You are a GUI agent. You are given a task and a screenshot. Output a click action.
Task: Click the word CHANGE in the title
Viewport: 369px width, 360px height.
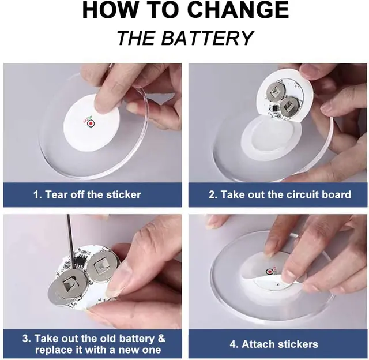(x=238, y=10)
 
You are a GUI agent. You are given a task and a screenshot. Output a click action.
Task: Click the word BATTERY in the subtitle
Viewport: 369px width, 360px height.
(x=207, y=38)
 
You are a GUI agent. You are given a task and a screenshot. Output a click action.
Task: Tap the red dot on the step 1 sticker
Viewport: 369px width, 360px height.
(x=91, y=123)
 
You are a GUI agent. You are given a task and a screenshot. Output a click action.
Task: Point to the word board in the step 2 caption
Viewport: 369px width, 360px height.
(x=337, y=195)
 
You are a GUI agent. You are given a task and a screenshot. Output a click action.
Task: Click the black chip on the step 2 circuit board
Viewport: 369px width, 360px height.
(x=274, y=108)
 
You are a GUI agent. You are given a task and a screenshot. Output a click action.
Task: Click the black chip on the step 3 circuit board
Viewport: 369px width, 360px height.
(x=81, y=260)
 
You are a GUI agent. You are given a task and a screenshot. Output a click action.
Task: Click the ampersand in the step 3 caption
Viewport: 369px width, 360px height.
(x=161, y=338)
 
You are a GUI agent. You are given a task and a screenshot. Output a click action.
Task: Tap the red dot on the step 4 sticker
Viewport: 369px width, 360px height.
(x=269, y=272)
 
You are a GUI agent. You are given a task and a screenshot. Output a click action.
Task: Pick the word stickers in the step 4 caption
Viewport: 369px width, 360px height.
(x=298, y=344)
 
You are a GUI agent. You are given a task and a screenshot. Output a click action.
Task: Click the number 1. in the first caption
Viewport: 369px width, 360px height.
(x=37, y=195)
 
